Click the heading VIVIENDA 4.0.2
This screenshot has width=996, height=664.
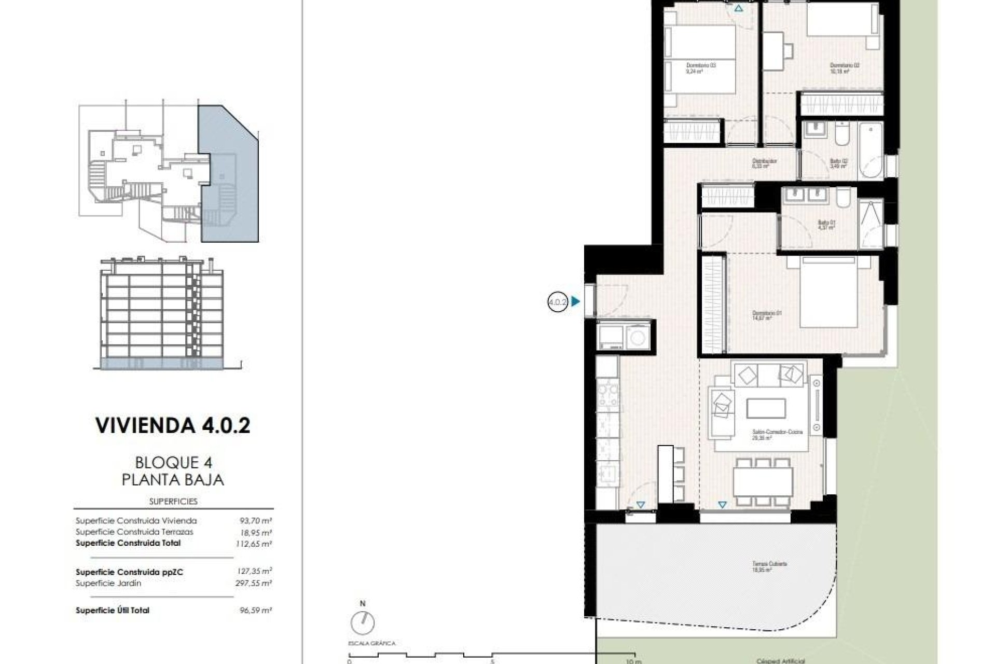click(x=173, y=425)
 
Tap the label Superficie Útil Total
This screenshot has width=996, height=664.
click(x=113, y=610)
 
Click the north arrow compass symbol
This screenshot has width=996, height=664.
click(x=362, y=622)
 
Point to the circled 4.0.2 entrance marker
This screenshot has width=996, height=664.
click(x=558, y=301)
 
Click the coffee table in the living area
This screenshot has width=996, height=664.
click(x=766, y=408)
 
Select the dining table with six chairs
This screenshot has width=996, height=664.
click(x=763, y=481)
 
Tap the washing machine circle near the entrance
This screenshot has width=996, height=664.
click(x=637, y=338)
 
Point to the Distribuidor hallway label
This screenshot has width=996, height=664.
click(x=764, y=164)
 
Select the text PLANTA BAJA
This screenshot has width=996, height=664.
click(x=173, y=479)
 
